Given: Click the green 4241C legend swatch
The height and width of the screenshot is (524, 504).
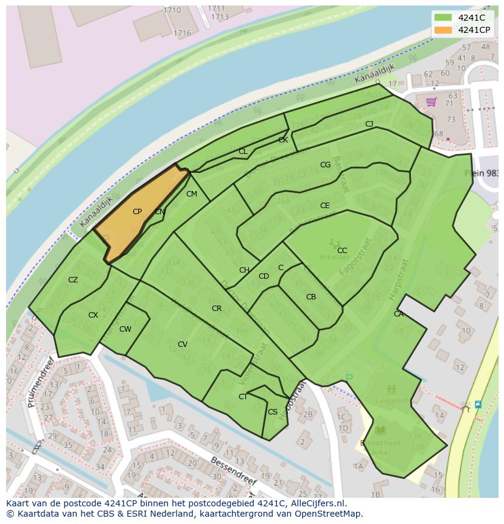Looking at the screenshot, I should click(x=443, y=18).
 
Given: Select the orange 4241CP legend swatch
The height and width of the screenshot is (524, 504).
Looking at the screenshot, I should click(x=443, y=30).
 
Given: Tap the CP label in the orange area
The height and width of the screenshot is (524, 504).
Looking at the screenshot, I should click(x=137, y=212).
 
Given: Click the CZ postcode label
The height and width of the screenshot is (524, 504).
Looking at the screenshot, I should click(x=73, y=280).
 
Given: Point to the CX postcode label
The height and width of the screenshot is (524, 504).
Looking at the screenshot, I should click(x=93, y=315).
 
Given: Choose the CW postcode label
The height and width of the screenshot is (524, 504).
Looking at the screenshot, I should click(x=125, y=329).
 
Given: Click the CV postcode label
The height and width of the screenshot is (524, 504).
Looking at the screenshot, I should click(x=183, y=344).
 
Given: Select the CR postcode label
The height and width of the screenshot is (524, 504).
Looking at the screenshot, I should click(x=217, y=309).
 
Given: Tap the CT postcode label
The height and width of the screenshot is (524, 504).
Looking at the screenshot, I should click(x=243, y=397).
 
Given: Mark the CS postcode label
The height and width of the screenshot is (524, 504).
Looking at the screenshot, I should click(x=273, y=412).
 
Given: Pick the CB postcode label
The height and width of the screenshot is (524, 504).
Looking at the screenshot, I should click(x=311, y=297).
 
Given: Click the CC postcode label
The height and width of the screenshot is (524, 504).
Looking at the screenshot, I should click(x=342, y=250).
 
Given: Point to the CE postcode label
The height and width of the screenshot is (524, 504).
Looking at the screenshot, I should click(x=325, y=206).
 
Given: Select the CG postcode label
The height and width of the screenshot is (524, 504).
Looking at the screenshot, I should click(x=326, y=165).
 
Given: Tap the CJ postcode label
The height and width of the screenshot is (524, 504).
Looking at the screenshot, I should click(x=369, y=124).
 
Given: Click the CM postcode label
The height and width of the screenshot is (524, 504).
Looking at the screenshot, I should click(x=192, y=194).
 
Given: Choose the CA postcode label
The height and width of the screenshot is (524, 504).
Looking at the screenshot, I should click(x=399, y=314).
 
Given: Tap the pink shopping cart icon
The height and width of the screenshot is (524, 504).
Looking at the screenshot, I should click(x=432, y=102).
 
